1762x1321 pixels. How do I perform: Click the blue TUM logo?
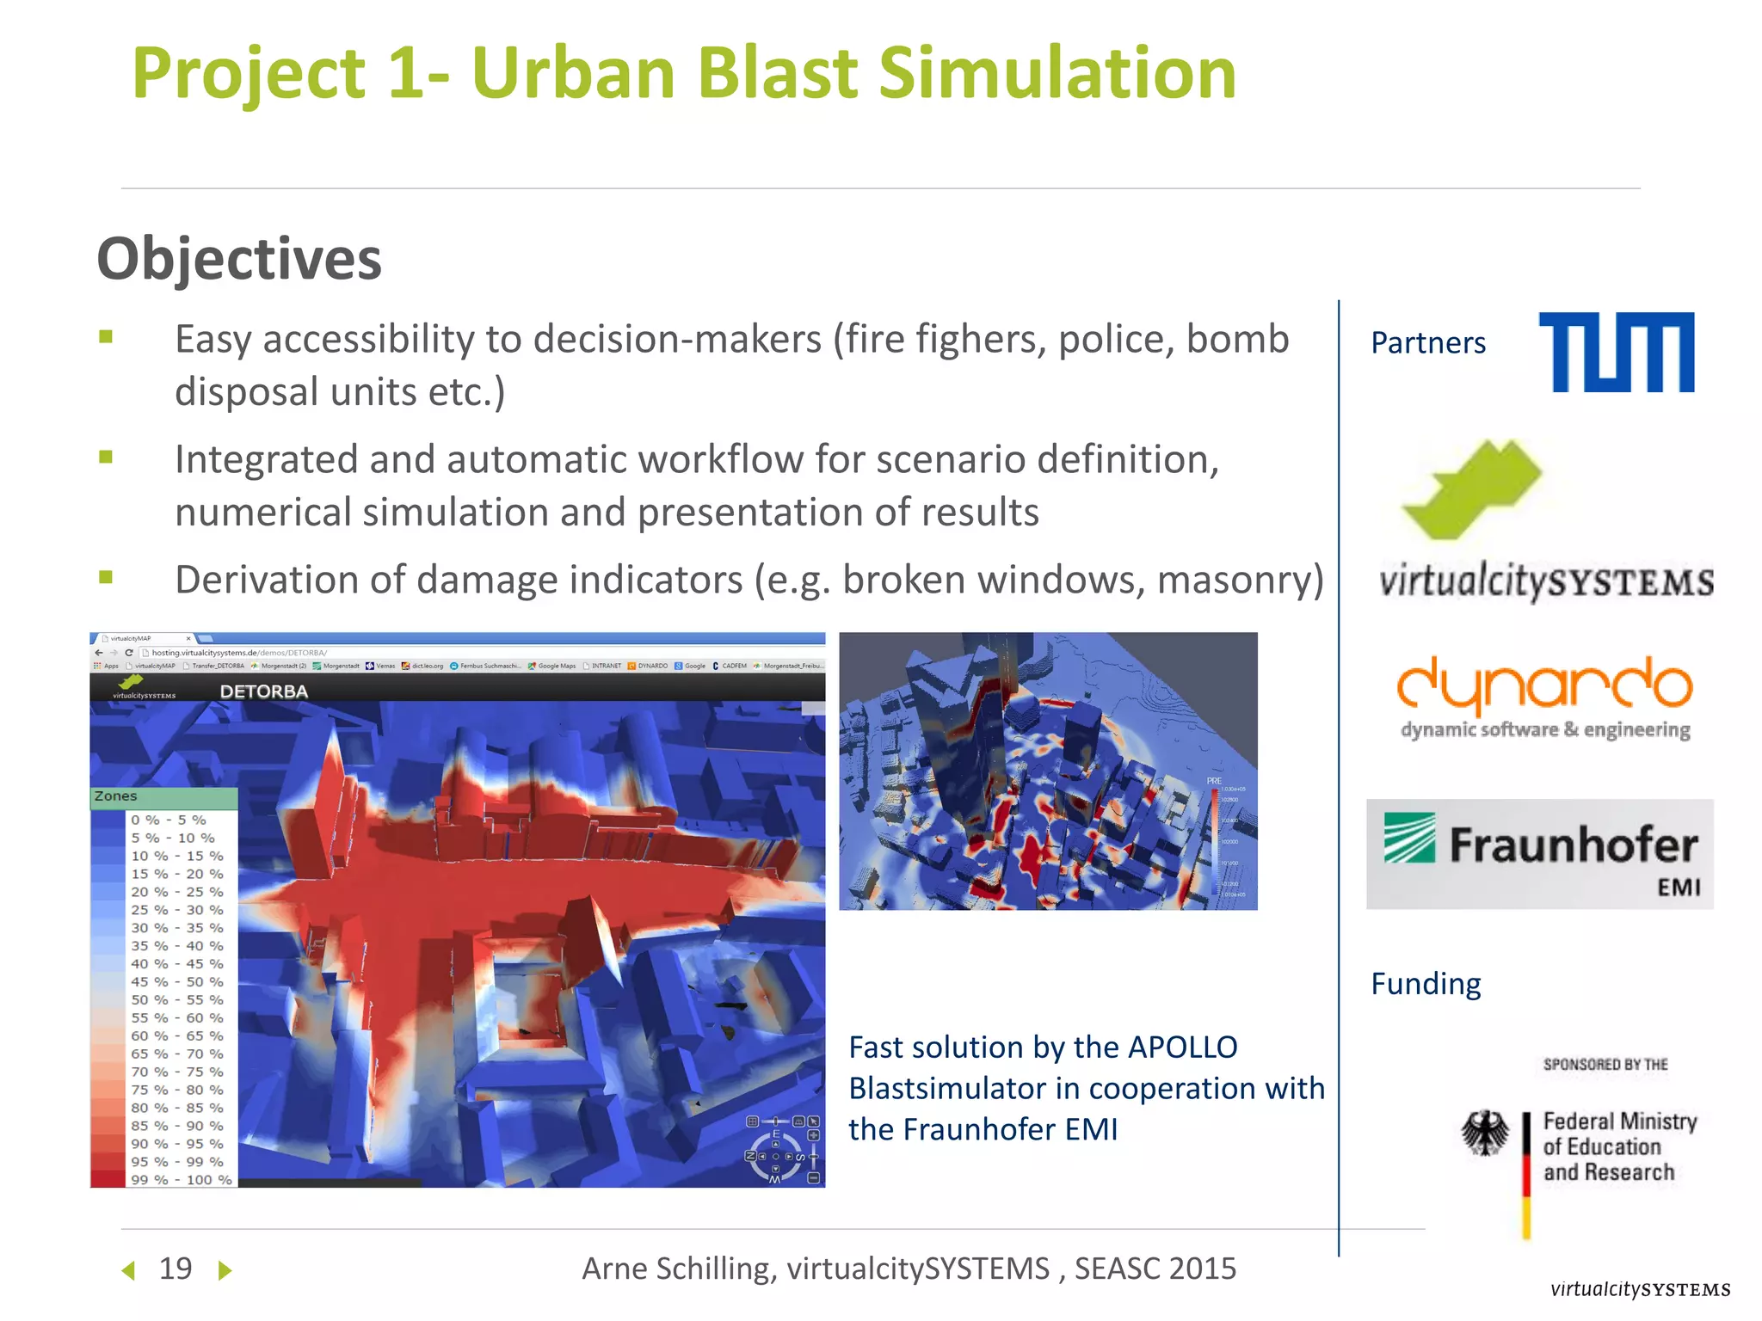coord(1616,352)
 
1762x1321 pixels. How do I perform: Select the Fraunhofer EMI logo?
coord(1539,854)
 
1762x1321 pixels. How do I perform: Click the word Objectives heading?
coord(239,259)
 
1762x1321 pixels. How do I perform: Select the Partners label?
coord(1428,343)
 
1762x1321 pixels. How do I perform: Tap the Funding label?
coord(1426,983)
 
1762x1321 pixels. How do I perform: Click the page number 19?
coord(176,1269)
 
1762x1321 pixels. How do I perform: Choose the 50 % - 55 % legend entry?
coord(176,999)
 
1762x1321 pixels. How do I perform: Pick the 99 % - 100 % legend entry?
coord(181,1179)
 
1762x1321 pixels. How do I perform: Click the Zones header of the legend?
coord(116,796)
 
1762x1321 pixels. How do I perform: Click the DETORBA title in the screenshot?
coord(263,691)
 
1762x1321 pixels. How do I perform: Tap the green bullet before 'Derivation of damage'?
coord(106,577)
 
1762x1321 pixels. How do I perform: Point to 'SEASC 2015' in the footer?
coord(1155,1269)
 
